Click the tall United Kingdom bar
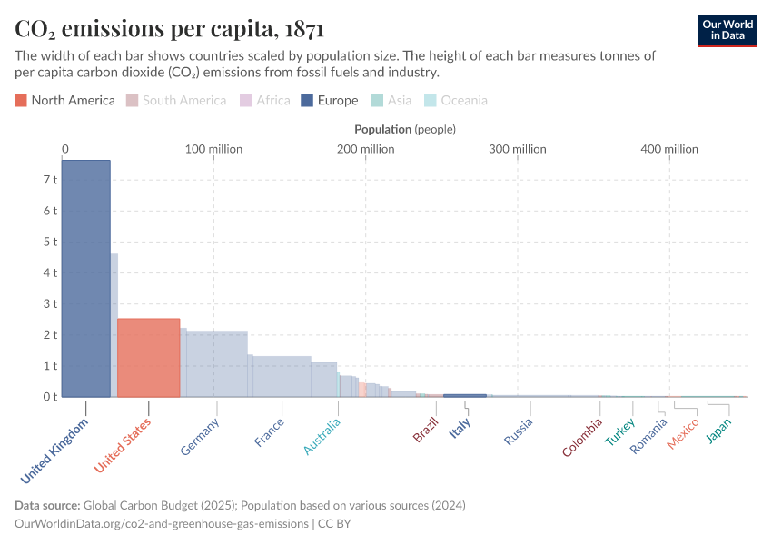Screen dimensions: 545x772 coord(85,278)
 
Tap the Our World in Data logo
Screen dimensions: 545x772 coord(727,30)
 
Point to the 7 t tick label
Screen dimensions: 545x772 coord(50,180)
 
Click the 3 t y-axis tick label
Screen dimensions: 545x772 coord(50,303)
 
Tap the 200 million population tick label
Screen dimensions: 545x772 coord(365,149)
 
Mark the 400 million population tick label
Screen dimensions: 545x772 coord(669,149)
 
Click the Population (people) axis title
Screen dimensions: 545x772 coord(405,130)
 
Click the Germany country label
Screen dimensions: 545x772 coord(201,436)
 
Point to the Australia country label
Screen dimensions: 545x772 coord(322,437)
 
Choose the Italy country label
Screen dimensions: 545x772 coord(460,428)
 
